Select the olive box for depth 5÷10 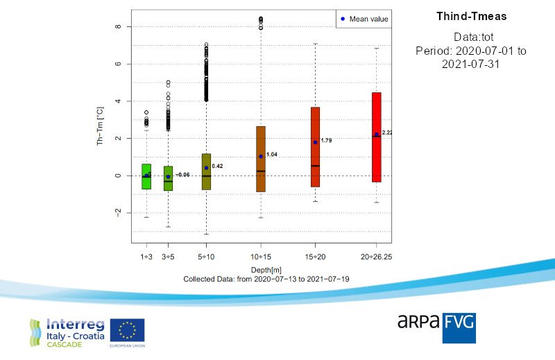click(206, 171)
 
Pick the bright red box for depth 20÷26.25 click(376, 137)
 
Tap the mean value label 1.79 click(327, 141)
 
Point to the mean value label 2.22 click(387, 132)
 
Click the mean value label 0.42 click(217, 166)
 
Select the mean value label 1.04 click(272, 155)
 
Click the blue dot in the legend click(343, 19)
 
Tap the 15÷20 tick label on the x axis click(316, 257)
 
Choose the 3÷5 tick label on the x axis click(168, 257)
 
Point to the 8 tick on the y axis click(119, 26)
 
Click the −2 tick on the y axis click(118, 213)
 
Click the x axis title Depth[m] click(261, 269)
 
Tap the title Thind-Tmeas click(472, 16)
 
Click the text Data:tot click(472, 36)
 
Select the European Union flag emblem click(127, 330)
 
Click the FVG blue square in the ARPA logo click(459, 327)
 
